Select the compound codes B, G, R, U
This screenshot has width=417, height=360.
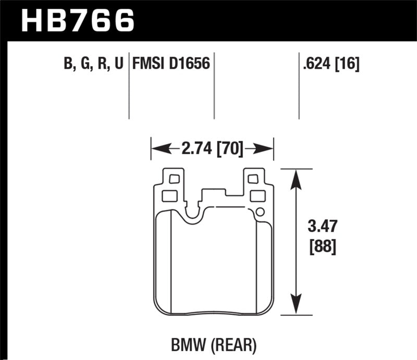[x=93, y=64]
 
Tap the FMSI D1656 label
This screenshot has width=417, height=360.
[x=171, y=64]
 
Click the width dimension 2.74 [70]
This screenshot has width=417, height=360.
[x=212, y=150]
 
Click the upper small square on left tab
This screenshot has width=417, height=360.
[x=174, y=179]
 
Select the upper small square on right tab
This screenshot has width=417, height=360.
[x=253, y=179]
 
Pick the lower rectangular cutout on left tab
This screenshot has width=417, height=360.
[x=169, y=196]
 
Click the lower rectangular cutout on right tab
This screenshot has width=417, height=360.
[x=257, y=196]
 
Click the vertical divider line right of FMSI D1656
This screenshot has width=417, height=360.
[x=214, y=86]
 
